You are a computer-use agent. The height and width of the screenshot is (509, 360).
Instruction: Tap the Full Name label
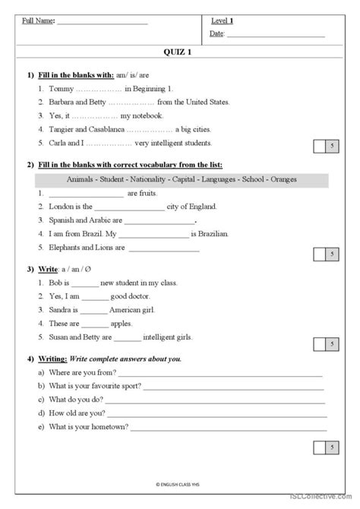coord(38,21)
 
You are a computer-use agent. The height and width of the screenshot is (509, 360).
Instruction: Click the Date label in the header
coord(217,33)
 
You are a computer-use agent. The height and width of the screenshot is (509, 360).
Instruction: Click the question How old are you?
coord(77,413)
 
